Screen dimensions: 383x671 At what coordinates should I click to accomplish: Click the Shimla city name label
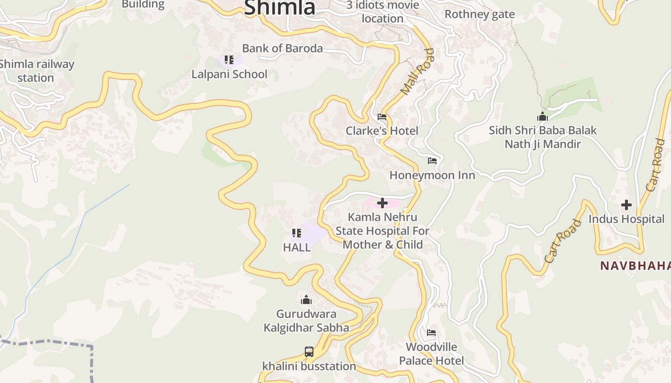click(280, 7)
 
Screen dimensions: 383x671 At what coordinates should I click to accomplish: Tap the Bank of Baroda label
click(282, 48)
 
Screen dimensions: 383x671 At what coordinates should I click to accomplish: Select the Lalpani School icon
click(229, 60)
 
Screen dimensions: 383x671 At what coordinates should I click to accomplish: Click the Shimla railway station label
click(36, 71)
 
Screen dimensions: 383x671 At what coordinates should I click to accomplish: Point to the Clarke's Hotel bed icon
click(382, 117)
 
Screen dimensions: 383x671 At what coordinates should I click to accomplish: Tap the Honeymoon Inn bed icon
click(432, 161)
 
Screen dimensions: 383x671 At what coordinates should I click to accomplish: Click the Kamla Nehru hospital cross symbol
click(382, 203)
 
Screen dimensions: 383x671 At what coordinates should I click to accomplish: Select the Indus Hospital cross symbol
click(626, 205)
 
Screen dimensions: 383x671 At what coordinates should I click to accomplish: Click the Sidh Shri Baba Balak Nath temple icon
click(543, 116)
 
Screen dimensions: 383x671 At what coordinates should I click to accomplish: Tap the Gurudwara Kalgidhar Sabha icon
click(306, 300)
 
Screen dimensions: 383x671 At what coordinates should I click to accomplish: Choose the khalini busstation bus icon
click(309, 352)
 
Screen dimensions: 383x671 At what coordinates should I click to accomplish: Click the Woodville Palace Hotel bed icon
click(431, 333)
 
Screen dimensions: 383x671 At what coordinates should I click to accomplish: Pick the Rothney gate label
click(479, 14)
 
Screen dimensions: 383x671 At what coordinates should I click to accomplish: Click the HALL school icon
click(297, 233)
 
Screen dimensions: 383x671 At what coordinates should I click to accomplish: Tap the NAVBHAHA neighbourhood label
click(635, 266)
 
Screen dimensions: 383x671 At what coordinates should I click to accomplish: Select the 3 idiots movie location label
click(382, 12)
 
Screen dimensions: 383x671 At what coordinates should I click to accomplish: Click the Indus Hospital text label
click(626, 219)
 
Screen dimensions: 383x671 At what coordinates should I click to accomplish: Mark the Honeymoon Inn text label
click(432, 175)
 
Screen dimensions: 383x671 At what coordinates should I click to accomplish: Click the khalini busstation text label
click(309, 366)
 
